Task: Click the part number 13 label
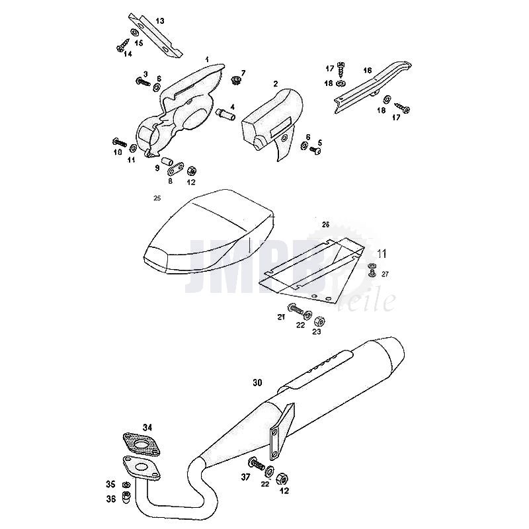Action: pyautogui.click(x=160, y=21)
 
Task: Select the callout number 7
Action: pyautogui.click(x=243, y=72)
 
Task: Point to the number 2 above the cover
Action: pyautogui.click(x=274, y=84)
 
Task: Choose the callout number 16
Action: pyautogui.click(x=368, y=69)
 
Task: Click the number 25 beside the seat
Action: pyautogui.click(x=157, y=198)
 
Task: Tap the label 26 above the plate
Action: pyautogui.click(x=325, y=225)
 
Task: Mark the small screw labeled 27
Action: pyautogui.click(x=372, y=271)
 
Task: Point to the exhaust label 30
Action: pyautogui.click(x=257, y=382)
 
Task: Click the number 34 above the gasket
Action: pyautogui.click(x=147, y=427)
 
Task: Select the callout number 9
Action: pyautogui.click(x=157, y=168)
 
